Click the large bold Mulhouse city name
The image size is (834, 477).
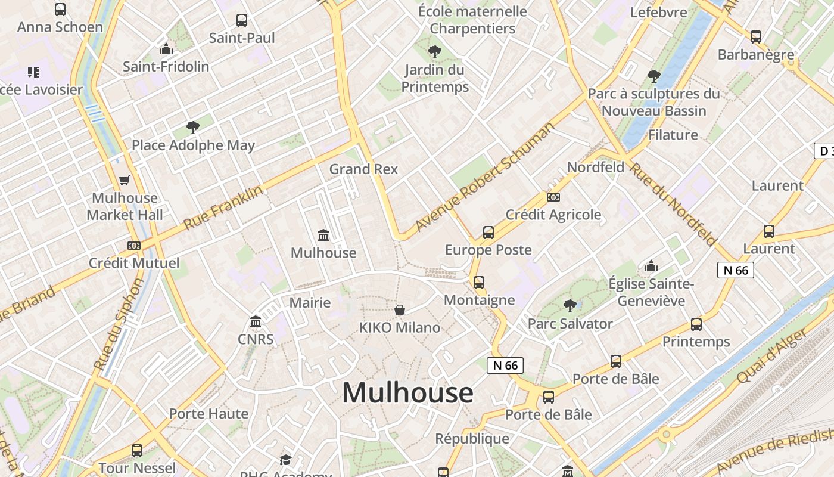[407, 393]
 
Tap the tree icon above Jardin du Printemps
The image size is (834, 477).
[435, 52]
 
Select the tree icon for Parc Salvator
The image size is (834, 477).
[570, 306]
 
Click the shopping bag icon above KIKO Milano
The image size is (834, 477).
[400, 310]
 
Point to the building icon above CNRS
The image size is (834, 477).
[256, 322]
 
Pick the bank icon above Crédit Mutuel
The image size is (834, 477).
[134, 245]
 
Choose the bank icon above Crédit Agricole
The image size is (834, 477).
[553, 197]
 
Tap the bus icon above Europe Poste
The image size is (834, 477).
[488, 233]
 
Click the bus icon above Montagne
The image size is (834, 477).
[479, 283]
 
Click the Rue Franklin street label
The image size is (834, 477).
[223, 207]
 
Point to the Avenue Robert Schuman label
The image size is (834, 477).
[485, 176]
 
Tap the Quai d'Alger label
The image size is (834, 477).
[773, 355]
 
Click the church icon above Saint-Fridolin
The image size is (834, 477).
[166, 49]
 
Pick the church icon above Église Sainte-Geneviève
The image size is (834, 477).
[651, 266]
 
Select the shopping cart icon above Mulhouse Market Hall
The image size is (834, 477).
[125, 180]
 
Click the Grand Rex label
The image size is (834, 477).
[363, 169]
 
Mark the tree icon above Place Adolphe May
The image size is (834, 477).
[192, 127]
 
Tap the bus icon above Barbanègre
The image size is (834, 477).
[756, 37]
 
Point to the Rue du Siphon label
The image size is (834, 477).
[119, 325]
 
